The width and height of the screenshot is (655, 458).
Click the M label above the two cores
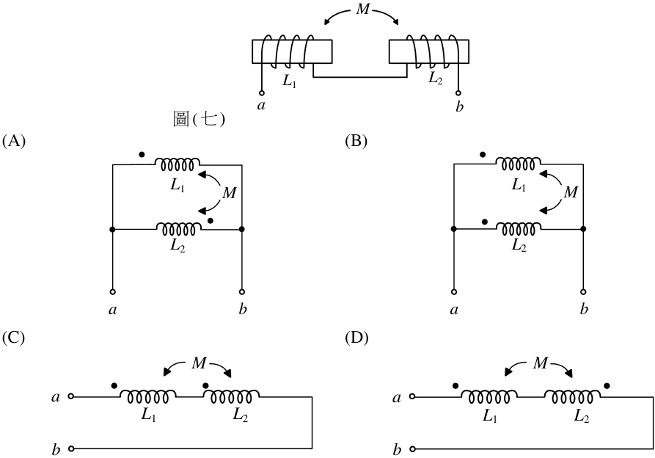coord(362,10)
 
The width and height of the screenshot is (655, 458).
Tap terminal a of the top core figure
coord(262,92)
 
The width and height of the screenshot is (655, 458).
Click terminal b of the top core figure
coord(458,92)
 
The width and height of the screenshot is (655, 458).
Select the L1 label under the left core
coord(289,81)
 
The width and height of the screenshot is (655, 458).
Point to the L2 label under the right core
coord(435,78)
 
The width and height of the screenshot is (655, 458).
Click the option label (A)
coord(14,141)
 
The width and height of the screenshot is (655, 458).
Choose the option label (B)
coord(356,141)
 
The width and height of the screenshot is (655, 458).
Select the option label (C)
coord(14,337)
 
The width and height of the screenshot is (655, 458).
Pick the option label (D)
coord(356,337)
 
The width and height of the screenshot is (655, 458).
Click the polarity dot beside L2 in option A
coord(211,221)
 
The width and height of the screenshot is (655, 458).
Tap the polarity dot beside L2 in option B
coord(485,222)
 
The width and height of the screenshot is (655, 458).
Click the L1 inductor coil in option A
coord(177,164)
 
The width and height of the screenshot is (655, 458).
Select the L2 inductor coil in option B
coord(519,229)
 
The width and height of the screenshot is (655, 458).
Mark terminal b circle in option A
coord(242,292)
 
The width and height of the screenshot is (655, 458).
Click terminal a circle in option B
coord(454,292)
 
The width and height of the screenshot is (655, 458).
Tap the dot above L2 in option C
coord(205,385)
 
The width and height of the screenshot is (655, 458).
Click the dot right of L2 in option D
coord(607,385)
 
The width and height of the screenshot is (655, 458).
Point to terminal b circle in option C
coord(71,448)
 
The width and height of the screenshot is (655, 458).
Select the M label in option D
coord(540,363)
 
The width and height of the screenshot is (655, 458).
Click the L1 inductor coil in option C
coord(148,396)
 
